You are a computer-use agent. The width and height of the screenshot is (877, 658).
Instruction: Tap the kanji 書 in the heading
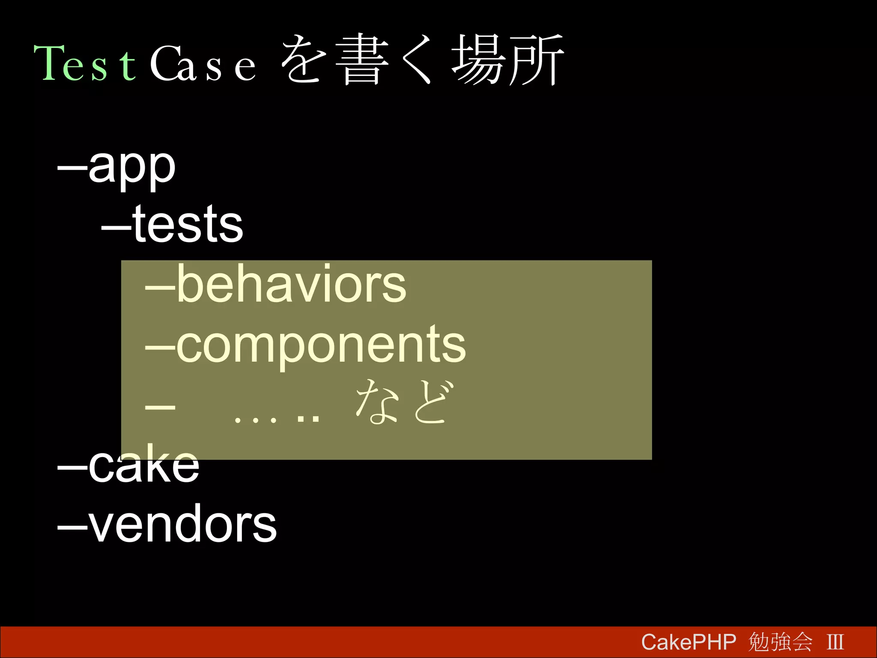point(362,60)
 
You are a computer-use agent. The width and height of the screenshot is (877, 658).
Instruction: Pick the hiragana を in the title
point(304,60)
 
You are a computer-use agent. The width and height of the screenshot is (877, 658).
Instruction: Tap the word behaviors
point(291,284)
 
